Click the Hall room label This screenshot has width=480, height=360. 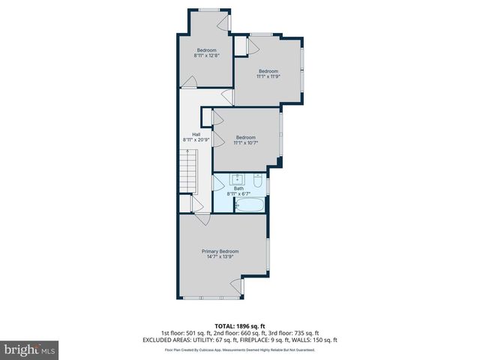point(195,134)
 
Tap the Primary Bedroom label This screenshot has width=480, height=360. point(220,251)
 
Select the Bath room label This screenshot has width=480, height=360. point(238,188)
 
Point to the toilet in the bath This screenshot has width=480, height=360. point(256,181)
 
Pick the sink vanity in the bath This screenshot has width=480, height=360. point(238,179)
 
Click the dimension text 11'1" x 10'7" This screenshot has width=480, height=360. point(246,142)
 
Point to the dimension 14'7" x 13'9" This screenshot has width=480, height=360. point(220,257)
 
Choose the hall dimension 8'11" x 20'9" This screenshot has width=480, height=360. point(195,139)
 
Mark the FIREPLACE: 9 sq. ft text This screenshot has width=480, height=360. point(272,340)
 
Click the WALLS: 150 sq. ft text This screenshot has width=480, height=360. point(319,340)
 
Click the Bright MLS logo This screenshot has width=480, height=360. point(30,349)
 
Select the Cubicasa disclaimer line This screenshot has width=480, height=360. point(239,349)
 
